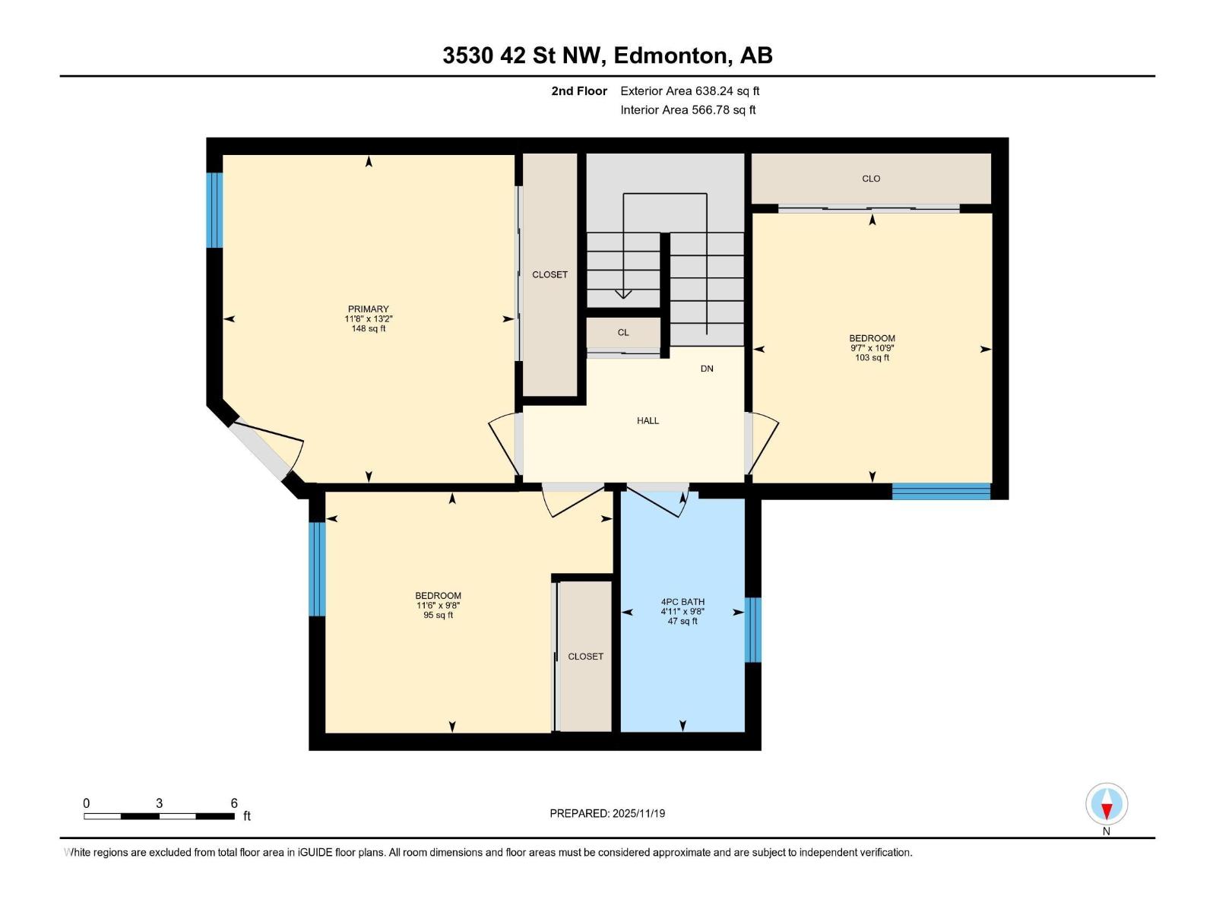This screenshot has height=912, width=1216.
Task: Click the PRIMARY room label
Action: coord(369,309)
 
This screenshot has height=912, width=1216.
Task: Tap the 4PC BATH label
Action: coord(682,602)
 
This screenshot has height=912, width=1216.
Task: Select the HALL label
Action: coord(648,420)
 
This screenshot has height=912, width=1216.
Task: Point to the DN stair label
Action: coord(707,369)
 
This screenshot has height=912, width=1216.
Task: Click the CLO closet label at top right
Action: coord(871,179)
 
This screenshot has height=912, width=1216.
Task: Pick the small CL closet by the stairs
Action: coord(623,332)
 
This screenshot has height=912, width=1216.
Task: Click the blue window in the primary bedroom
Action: coord(215,211)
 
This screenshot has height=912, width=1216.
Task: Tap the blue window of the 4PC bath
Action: coord(752,630)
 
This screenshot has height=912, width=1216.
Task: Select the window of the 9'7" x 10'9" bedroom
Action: coord(941,491)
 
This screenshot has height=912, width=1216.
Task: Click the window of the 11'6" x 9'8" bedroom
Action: coord(317,568)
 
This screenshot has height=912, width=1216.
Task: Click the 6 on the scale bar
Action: coord(234,803)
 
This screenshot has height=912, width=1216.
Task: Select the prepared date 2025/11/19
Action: coord(607,813)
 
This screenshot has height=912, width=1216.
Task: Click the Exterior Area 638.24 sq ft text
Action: coord(689,91)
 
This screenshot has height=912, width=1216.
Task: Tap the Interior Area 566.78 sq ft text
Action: coord(688,110)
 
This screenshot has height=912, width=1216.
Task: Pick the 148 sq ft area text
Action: coord(369,329)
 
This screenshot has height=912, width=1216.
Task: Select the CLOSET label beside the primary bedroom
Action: coord(549,274)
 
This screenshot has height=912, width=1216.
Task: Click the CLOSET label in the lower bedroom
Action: coord(585,656)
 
